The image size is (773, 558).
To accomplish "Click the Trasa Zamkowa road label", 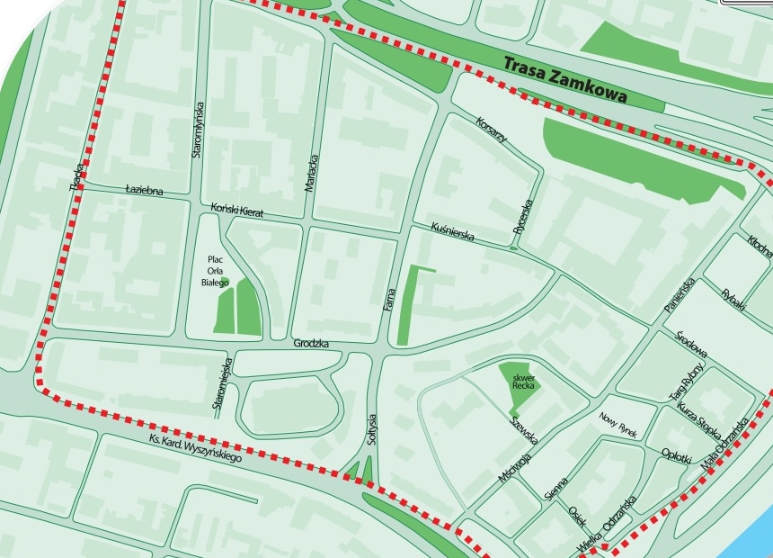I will pyautogui.click(x=564, y=78).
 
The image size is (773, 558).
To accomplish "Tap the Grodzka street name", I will pyautogui.click(x=311, y=344).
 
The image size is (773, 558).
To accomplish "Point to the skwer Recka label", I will pyautogui.click(x=523, y=380).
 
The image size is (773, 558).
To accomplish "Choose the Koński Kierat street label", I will pyautogui.click(x=236, y=210).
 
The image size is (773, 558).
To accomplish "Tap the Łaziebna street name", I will pyautogui.click(x=144, y=191).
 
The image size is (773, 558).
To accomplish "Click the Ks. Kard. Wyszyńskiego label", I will pyautogui.click(x=196, y=449).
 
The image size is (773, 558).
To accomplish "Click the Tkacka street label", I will pyautogui.click(x=77, y=175).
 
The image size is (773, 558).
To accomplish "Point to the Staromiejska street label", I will pyautogui.click(x=222, y=385).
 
